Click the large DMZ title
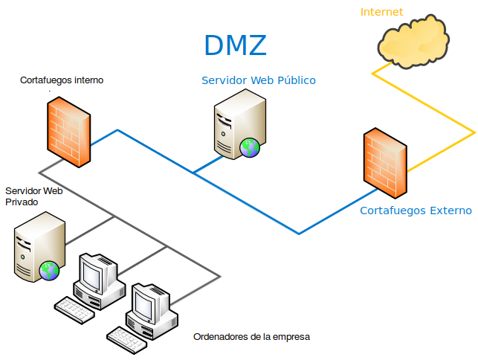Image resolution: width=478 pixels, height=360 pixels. (x=235, y=45)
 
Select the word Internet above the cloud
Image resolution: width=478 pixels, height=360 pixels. (x=381, y=12)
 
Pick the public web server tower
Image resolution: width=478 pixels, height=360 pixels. (x=238, y=128)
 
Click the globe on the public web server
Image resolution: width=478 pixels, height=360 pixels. (x=251, y=147)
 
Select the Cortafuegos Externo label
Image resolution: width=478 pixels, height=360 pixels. (x=416, y=210)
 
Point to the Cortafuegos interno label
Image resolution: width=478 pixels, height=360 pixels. (x=62, y=80)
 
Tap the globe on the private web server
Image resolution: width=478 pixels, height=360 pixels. (x=50, y=269)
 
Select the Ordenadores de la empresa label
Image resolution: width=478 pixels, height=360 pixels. (x=251, y=337)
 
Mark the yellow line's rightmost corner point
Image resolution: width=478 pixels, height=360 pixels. (x=474, y=132)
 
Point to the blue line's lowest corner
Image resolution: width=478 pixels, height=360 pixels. (x=299, y=234)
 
